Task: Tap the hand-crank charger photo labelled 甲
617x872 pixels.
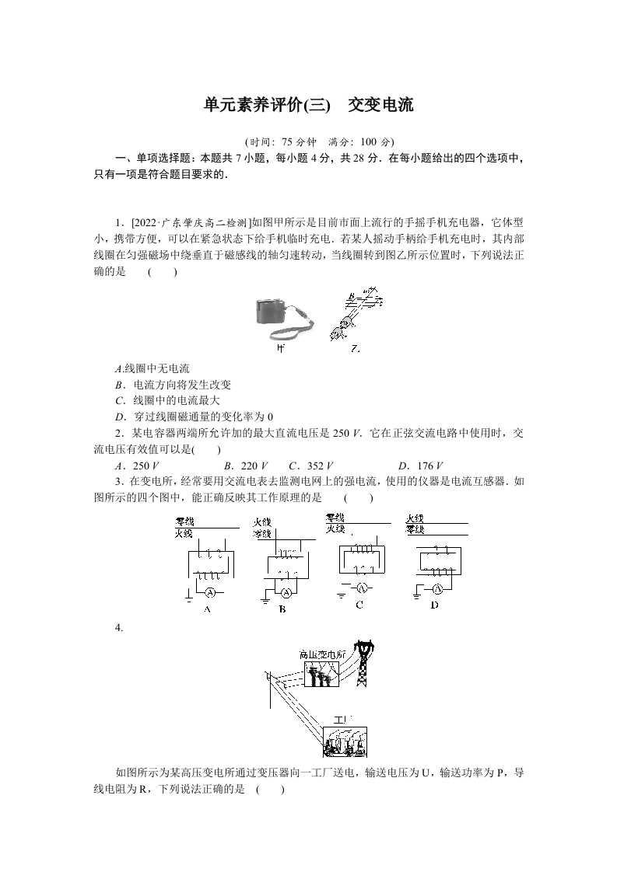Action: pos(285,319)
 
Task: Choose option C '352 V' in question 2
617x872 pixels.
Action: pos(305,466)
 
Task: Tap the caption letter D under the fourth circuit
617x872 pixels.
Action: pos(434,605)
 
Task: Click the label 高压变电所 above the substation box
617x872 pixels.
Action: pos(319,654)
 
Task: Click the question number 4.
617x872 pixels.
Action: pos(118,628)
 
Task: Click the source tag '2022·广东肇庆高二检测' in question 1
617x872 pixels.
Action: pos(187,220)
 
